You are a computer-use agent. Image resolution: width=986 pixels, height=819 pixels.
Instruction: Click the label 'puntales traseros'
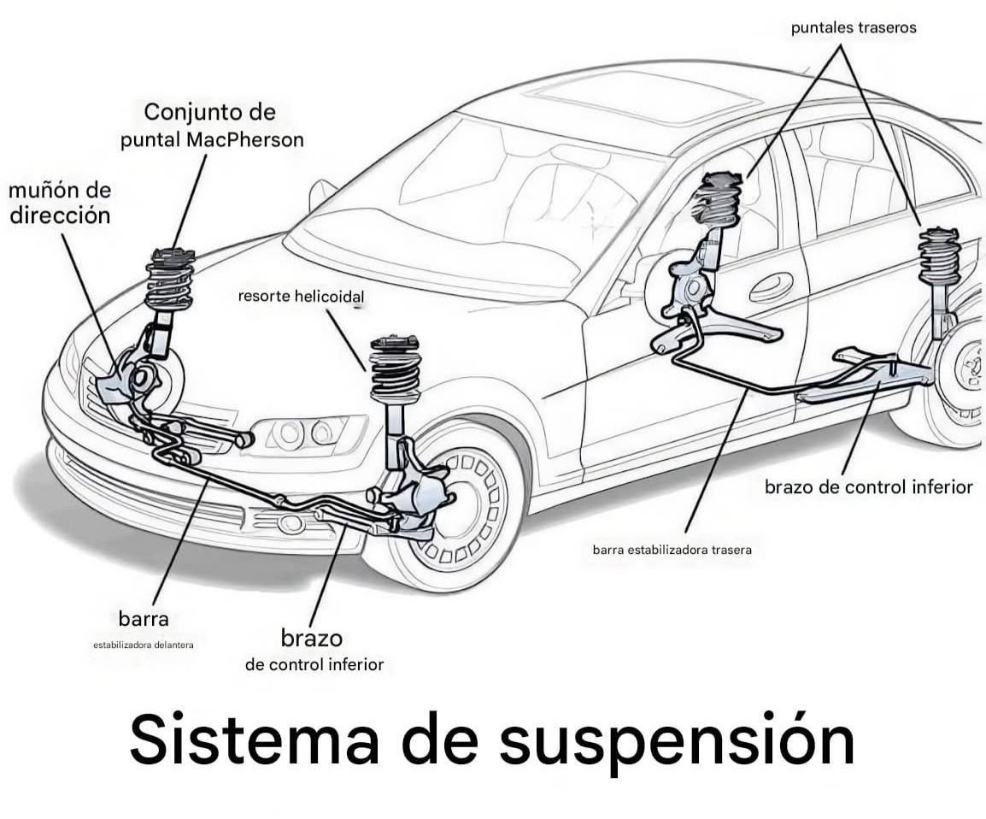click(853, 27)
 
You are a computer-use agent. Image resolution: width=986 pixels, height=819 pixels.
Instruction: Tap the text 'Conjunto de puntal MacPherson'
click(211, 126)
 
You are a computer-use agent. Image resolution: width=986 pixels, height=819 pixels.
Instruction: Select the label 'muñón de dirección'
click(60, 203)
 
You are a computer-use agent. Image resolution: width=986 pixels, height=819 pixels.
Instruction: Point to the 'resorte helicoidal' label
click(301, 298)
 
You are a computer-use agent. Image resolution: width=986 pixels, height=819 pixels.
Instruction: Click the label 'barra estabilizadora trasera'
click(672, 550)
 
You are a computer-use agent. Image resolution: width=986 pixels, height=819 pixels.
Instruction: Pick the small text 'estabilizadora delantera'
click(144, 645)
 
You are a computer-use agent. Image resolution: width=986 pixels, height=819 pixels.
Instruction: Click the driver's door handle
click(771, 286)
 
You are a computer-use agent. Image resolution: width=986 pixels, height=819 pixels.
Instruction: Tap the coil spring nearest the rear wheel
click(939, 257)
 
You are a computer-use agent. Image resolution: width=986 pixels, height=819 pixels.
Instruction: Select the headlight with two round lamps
click(303, 433)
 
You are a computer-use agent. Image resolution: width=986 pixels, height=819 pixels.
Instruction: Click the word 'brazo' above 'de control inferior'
click(311, 639)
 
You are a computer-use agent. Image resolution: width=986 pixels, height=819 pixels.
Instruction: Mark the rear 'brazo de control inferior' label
click(868, 487)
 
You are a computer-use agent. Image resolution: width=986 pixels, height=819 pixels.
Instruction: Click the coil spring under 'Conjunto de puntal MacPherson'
click(169, 283)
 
